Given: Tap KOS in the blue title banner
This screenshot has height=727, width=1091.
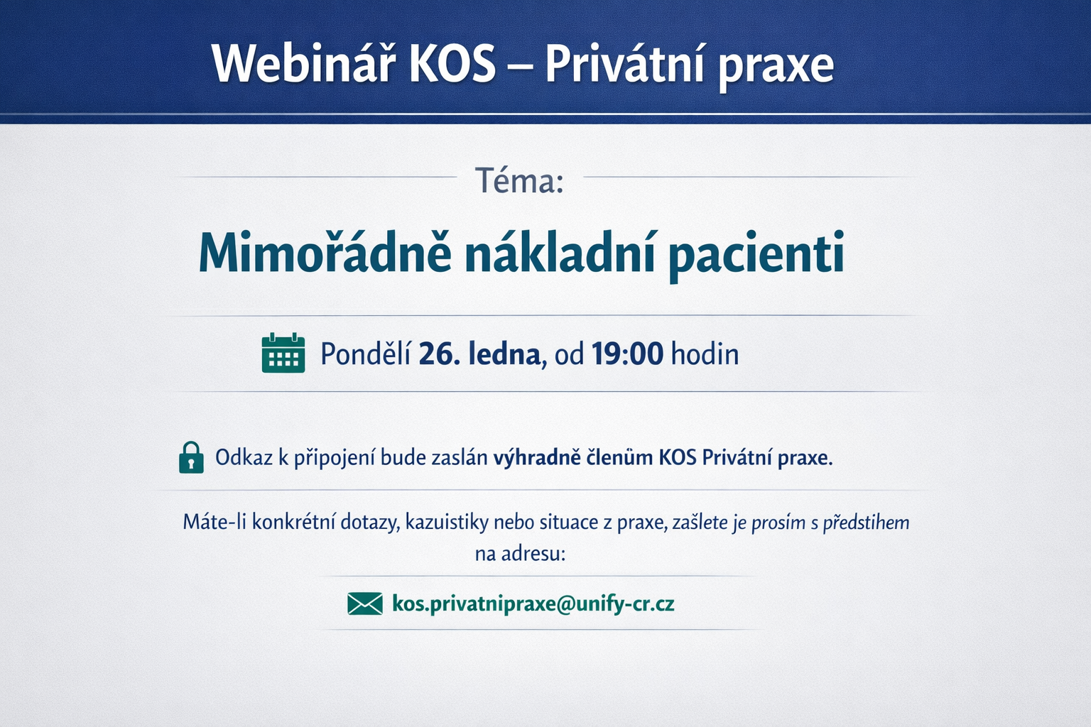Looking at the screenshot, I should pyautogui.click(x=452, y=65).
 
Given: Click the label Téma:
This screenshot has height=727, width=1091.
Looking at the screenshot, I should pyautogui.click(x=519, y=180).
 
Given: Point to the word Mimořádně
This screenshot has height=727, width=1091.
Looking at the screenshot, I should pyautogui.click(x=325, y=253).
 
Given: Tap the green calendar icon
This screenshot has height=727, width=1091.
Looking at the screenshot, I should pyautogui.click(x=283, y=353).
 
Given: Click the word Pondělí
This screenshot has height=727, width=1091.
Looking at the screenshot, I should pyautogui.click(x=365, y=354).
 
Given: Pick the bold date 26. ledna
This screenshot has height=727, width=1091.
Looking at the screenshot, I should pyautogui.click(x=479, y=354).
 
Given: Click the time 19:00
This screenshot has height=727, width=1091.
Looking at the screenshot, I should pyautogui.click(x=627, y=354).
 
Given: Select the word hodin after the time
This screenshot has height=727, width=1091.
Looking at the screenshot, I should pyautogui.click(x=705, y=354).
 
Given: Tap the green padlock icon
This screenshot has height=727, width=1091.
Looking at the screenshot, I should pyautogui.click(x=191, y=457).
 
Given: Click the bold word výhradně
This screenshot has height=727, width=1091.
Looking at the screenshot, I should pyautogui.click(x=537, y=458).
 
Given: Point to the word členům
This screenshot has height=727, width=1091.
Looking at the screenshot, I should pyautogui.click(x=619, y=458).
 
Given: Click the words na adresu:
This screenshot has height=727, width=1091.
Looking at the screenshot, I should pyautogui.click(x=520, y=554).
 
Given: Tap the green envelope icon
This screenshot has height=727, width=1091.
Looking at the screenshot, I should pyautogui.click(x=364, y=604).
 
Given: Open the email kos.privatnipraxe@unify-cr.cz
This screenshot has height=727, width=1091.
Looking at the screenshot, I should pyautogui.click(x=533, y=604).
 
